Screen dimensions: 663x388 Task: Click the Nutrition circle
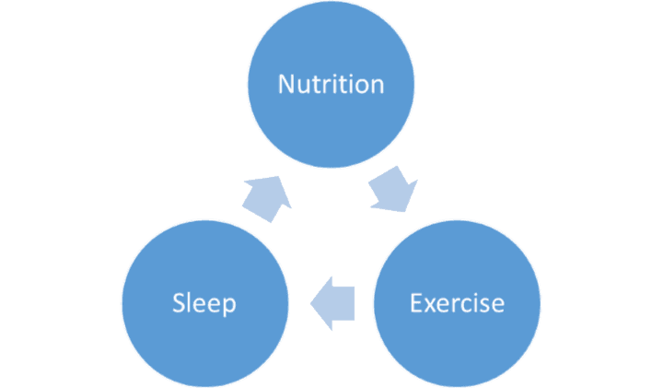(331, 84)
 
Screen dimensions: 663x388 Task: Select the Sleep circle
(205, 303)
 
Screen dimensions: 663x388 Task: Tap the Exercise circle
(457, 303)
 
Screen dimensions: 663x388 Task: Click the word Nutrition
(331, 84)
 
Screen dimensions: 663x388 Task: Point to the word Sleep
(204, 304)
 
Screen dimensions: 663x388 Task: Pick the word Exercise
(457, 303)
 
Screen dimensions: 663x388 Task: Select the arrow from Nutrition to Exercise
(394, 189)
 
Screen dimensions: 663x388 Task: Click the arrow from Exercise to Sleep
(332, 303)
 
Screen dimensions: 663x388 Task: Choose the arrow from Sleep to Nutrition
(267, 198)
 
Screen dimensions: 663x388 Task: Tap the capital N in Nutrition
(285, 84)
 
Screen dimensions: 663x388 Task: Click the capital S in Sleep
(179, 303)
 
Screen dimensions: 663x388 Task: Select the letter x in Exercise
(432, 306)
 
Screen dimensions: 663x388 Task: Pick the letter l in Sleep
(191, 302)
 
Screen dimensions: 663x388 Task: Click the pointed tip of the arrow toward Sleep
(311, 303)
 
